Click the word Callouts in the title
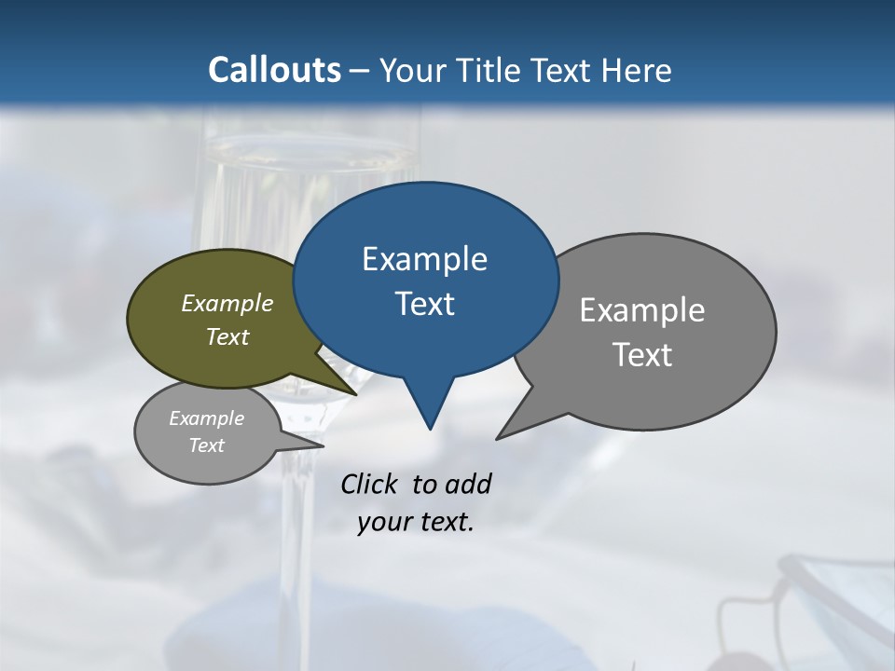274,70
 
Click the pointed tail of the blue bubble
429,415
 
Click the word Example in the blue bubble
424,259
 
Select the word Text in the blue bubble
424,304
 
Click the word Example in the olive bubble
227,303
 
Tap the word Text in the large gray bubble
642,354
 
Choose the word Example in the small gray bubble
206,418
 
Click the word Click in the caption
368,484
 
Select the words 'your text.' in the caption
416,522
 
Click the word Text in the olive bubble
227,336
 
